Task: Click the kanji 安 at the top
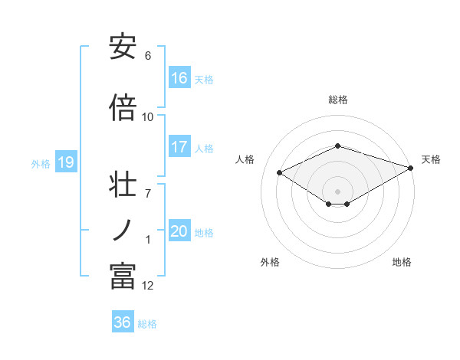(123, 47)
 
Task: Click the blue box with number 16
(179, 77)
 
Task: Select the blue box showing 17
(179, 147)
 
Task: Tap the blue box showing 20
(179, 231)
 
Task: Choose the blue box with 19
(64, 162)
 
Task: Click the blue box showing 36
(123, 322)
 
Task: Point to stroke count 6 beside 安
(148, 56)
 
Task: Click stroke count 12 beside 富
(148, 286)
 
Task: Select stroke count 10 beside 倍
(148, 116)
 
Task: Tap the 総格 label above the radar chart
(338, 100)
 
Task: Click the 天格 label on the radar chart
(431, 159)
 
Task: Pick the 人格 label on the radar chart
(245, 159)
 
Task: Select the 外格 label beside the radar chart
(270, 262)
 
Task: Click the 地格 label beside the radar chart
(402, 262)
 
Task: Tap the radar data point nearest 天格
(411, 168)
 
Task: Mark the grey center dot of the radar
(337, 191)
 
